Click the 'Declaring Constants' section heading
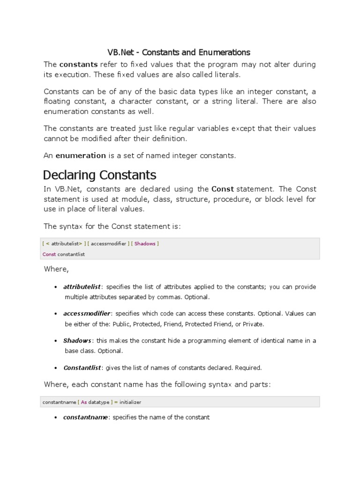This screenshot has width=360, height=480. pos(99,175)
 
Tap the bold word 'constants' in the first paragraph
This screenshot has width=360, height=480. pos(78,64)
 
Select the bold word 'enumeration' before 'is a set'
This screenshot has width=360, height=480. pos(81,155)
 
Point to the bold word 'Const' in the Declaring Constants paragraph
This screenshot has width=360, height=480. pos(223,189)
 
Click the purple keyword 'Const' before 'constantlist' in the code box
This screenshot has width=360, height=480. pos(49,254)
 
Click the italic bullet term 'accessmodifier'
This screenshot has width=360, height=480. pos(87,313)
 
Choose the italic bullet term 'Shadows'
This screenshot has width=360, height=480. pos(77,340)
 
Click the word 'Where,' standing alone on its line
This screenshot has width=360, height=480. pos(56,269)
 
